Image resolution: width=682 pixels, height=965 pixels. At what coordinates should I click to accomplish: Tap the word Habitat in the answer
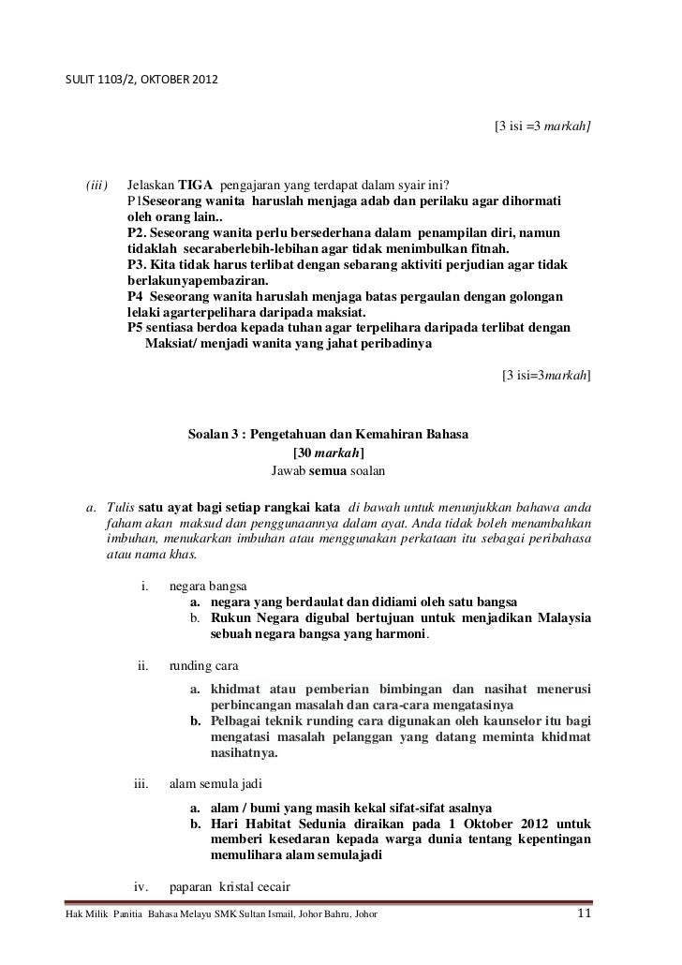click(266, 824)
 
